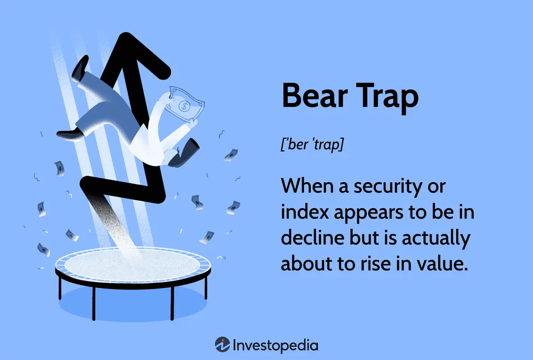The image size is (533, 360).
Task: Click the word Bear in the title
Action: click(x=315, y=96)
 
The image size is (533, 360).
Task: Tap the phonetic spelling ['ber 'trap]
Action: click(x=313, y=144)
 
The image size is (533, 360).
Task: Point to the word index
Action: click(x=305, y=212)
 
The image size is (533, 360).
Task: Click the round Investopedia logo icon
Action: click(x=222, y=345)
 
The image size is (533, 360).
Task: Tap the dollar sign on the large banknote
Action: click(x=184, y=106)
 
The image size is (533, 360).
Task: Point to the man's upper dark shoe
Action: click(x=80, y=68)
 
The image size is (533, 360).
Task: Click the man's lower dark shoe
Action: click(x=70, y=134)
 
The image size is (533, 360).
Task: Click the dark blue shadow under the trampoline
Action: click(x=132, y=304)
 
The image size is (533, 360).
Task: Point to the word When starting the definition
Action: click(x=307, y=186)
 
